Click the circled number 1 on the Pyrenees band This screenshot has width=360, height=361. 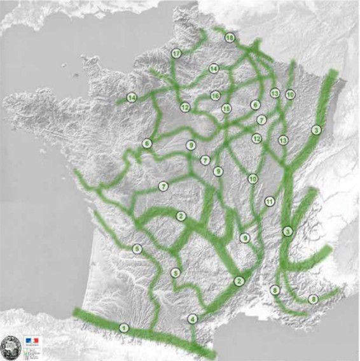tap(123, 328)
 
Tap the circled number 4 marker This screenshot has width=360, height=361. tap(193, 318)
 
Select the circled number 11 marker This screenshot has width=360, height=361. tap(270, 201)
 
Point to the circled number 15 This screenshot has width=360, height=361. tap(226, 108)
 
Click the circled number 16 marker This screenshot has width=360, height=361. tap(216, 96)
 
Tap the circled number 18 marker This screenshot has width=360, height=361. tap(230, 38)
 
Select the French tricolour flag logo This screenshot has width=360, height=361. tap(32, 341)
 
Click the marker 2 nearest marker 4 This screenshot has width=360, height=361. tap(239, 281)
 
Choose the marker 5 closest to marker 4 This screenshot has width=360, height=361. tap(176, 273)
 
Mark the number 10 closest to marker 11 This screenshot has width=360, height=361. tap(253, 179)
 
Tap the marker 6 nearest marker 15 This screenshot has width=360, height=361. tap(256, 105)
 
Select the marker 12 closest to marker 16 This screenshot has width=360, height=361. tap(185, 107)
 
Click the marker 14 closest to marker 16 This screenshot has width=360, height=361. tap(214, 69)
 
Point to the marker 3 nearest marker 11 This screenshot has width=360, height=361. tap(287, 230)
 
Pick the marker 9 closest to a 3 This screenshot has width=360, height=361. tap(245, 238)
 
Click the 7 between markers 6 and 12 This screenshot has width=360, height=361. tap(261, 120)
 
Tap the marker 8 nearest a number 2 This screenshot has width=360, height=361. tap(275, 290)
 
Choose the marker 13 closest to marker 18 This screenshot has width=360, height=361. tap(275, 93)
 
